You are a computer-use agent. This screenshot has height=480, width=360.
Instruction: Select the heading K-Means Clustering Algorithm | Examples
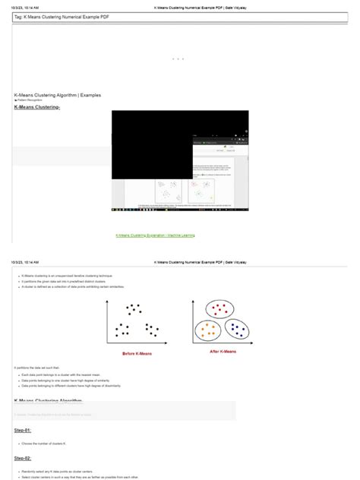(57, 96)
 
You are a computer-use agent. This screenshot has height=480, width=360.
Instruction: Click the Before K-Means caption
(138, 354)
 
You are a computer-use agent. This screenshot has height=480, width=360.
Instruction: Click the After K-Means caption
(223, 352)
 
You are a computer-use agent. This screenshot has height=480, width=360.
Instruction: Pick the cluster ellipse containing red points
(221, 310)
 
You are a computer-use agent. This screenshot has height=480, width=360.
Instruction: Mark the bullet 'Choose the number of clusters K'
(50, 442)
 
